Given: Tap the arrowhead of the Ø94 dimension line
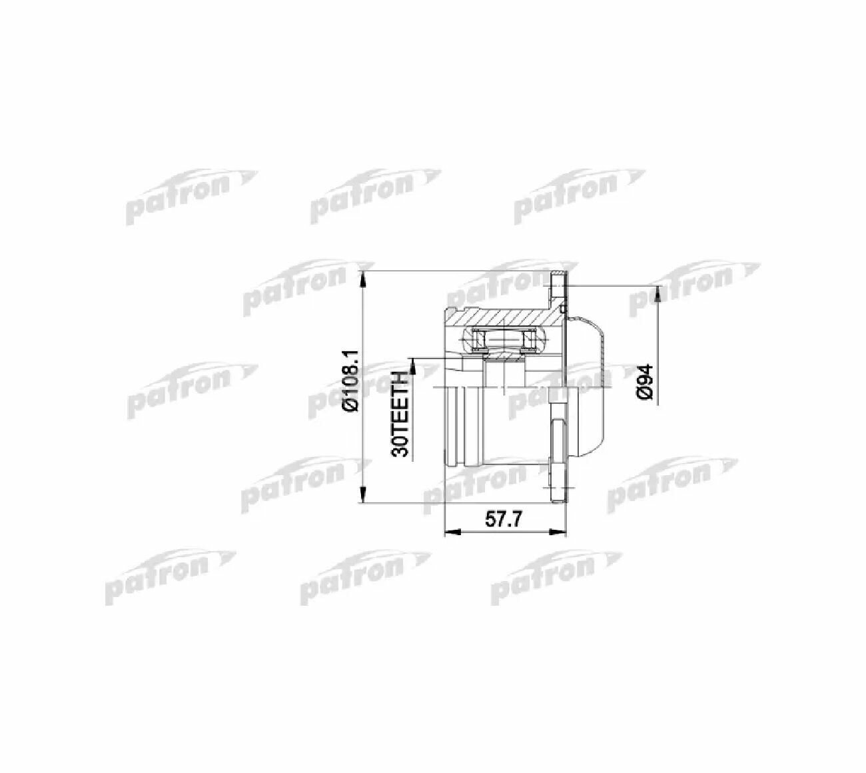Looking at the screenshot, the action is pos(657,295).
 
